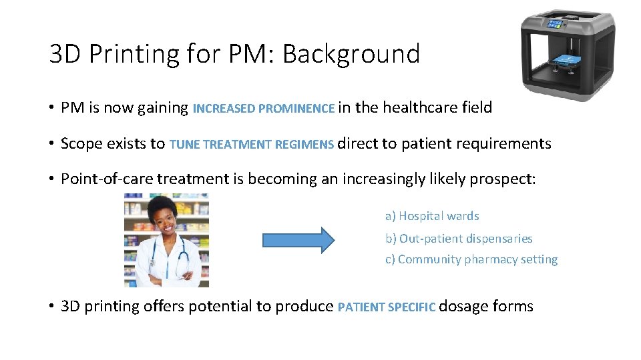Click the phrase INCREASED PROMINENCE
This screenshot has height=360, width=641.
point(264,109)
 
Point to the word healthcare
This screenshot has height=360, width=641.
point(418,107)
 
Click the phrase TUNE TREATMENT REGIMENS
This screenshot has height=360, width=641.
point(252,145)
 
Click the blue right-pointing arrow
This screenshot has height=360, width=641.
point(297,239)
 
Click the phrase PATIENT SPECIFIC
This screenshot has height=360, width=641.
point(387,307)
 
